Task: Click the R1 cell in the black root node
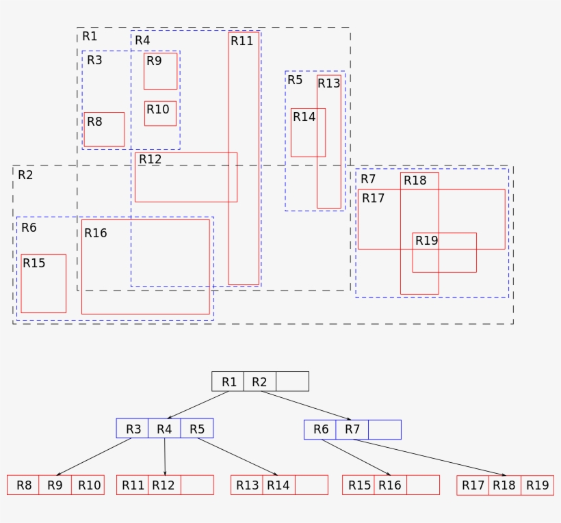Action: pos(228,381)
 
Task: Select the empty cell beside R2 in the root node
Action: pos(292,381)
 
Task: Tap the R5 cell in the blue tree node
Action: pos(197,429)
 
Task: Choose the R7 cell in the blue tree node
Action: pos(352,429)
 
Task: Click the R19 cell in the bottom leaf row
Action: pos(537,485)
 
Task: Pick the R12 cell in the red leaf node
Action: pos(164,485)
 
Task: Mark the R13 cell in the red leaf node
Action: pos(246,485)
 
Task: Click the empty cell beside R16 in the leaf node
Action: pos(423,485)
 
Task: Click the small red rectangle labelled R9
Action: pos(160,71)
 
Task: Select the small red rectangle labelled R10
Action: pos(160,113)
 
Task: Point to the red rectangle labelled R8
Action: pos(104,129)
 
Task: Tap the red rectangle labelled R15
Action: pos(44,284)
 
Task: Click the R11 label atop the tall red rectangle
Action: pos(242,41)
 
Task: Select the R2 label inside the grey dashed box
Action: pos(25,175)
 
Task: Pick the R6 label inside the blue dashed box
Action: pos(29,228)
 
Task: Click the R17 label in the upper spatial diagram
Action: pos(374,198)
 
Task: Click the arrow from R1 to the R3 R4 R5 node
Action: pos(198,405)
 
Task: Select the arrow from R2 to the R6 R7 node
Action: pos(306,405)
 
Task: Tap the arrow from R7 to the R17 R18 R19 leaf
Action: pos(429,457)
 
